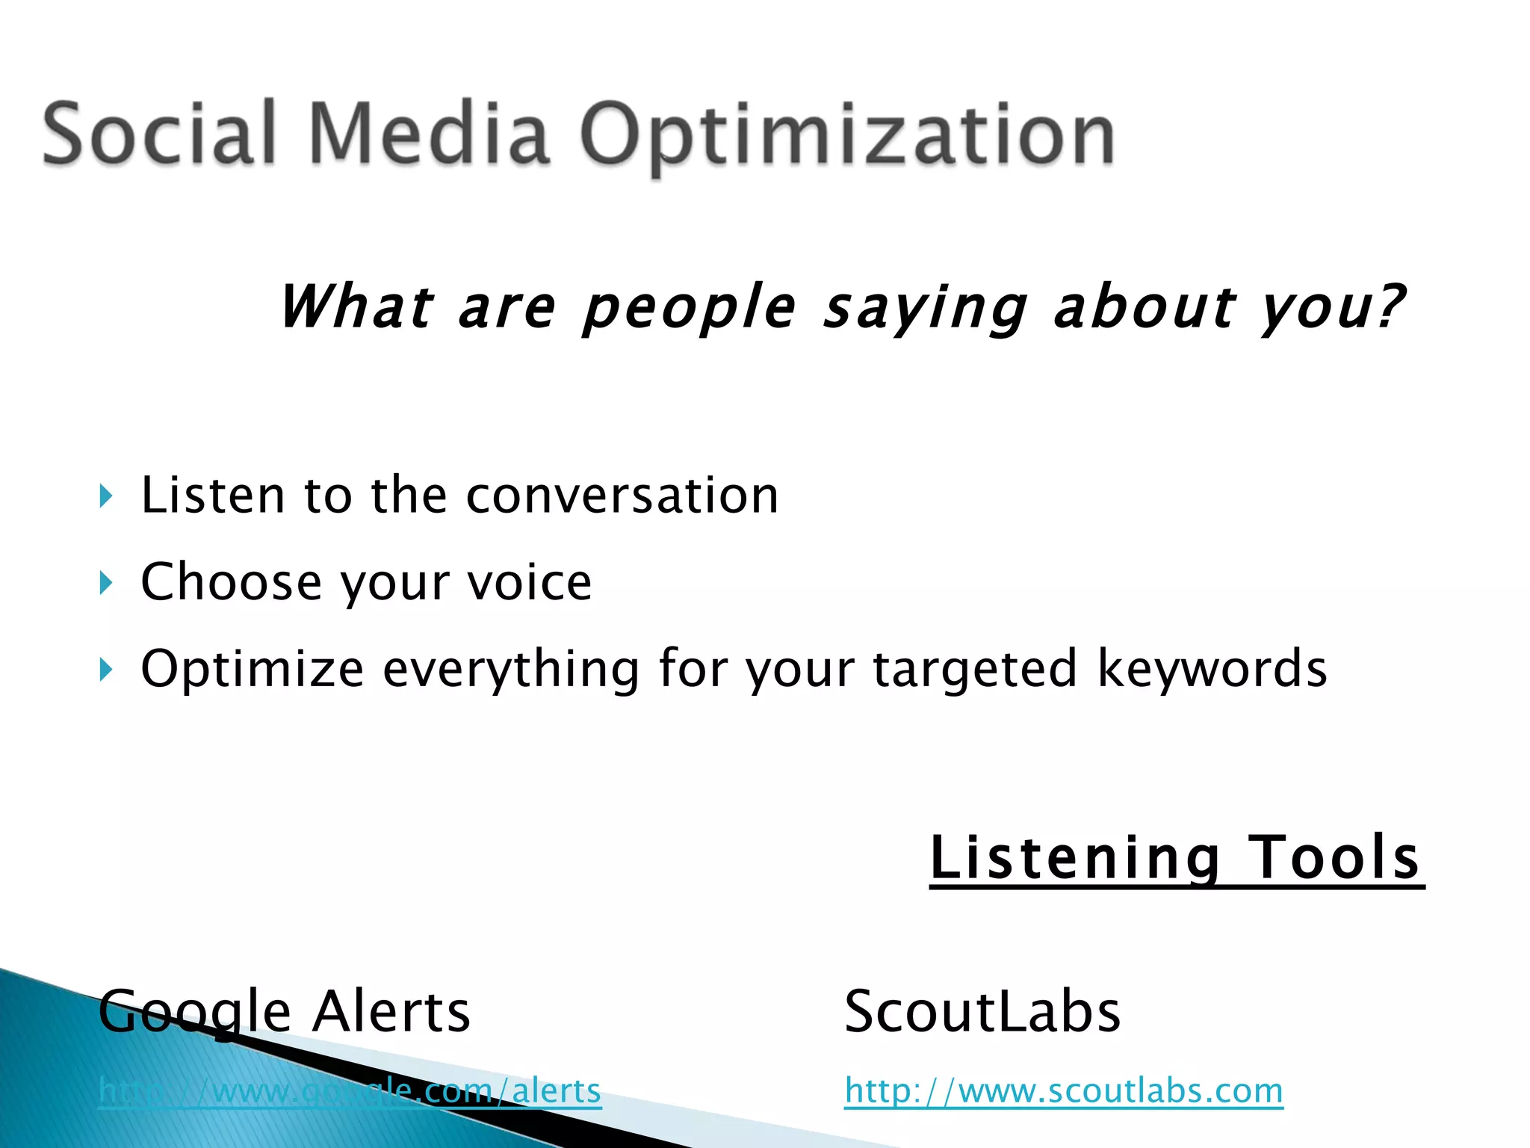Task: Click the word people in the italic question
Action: point(690,308)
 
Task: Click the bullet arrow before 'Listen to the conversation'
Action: point(105,496)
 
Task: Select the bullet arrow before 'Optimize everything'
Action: point(105,670)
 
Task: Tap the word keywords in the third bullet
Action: point(1212,668)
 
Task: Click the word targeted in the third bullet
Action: point(975,670)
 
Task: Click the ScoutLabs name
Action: point(982,1012)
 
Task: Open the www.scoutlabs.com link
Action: point(1064,1091)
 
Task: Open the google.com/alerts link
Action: point(350,1091)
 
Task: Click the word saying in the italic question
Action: point(926,308)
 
